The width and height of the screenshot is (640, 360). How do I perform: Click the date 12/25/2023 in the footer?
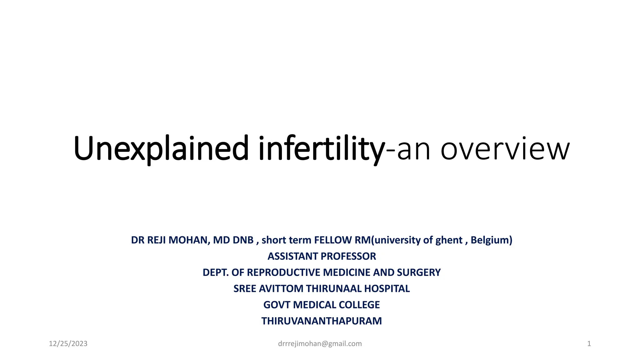(68, 344)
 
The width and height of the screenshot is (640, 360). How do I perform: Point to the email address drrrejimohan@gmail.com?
(320, 344)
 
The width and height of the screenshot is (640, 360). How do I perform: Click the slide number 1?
(589, 344)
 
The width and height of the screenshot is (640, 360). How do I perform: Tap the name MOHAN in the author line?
(189, 240)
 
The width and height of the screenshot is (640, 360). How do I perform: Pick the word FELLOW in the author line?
(333, 240)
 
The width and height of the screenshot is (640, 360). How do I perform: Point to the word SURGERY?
(419, 272)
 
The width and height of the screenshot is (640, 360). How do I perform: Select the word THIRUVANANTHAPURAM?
(322, 321)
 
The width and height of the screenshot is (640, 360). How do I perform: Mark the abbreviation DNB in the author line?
(243, 240)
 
